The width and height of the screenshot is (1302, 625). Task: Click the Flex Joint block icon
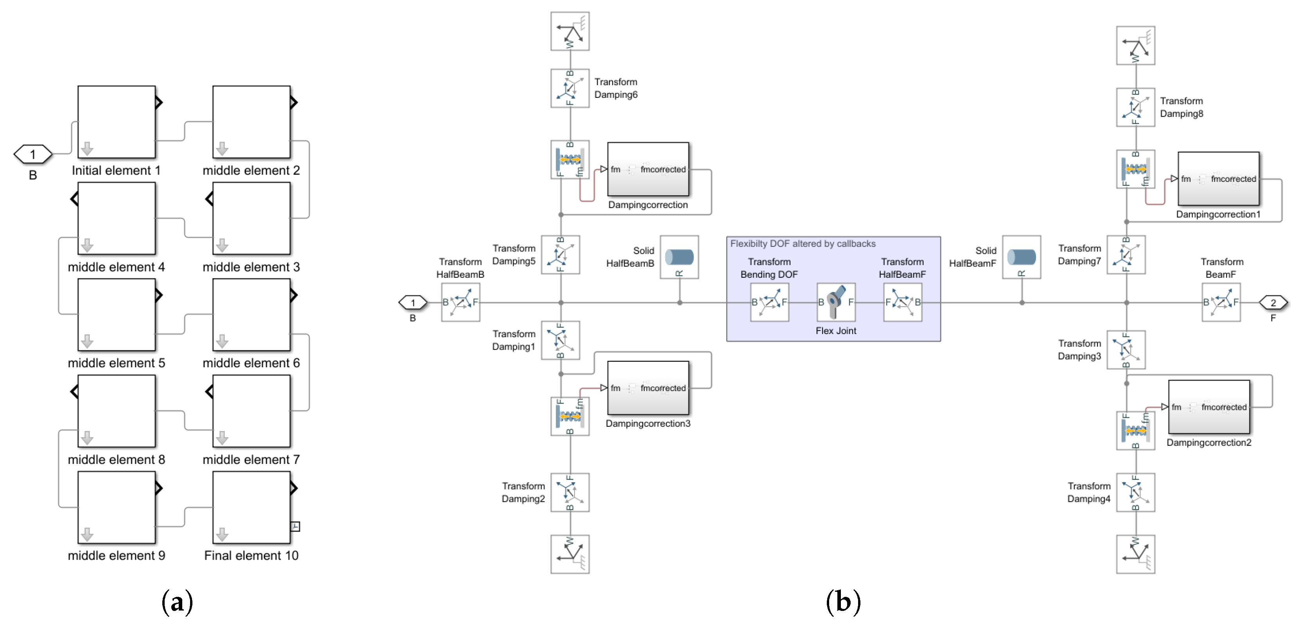pyautogui.click(x=836, y=302)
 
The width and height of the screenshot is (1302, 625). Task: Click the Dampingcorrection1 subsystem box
pyautogui.click(x=1218, y=179)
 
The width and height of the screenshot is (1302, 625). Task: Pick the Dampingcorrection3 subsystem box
pyautogui.click(x=648, y=388)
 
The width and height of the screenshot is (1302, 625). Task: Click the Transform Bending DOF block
pyautogui.click(x=769, y=302)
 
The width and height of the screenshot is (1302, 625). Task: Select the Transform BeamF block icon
pyautogui.click(x=1221, y=302)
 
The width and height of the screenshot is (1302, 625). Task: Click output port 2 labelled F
pyautogui.click(x=1273, y=303)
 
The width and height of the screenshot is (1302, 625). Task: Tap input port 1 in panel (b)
pyautogui.click(x=413, y=303)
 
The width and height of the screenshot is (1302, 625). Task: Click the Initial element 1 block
pyautogui.click(x=116, y=122)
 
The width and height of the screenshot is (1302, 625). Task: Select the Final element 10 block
pyautogui.click(x=251, y=507)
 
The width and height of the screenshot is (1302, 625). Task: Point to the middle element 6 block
pyautogui.click(x=251, y=315)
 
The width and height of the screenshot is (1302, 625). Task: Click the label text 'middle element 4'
pyautogui.click(x=116, y=267)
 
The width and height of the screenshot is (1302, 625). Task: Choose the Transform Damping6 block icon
pyautogui.click(x=569, y=88)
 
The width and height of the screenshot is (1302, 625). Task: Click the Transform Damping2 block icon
pyautogui.click(x=569, y=492)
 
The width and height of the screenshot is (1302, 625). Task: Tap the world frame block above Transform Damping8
pyautogui.click(x=1135, y=45)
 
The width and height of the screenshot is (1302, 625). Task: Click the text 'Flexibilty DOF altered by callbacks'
pyautogui.click(x=803, y=244)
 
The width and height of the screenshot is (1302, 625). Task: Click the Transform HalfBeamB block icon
pyautogui.click(x=460, y=302)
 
